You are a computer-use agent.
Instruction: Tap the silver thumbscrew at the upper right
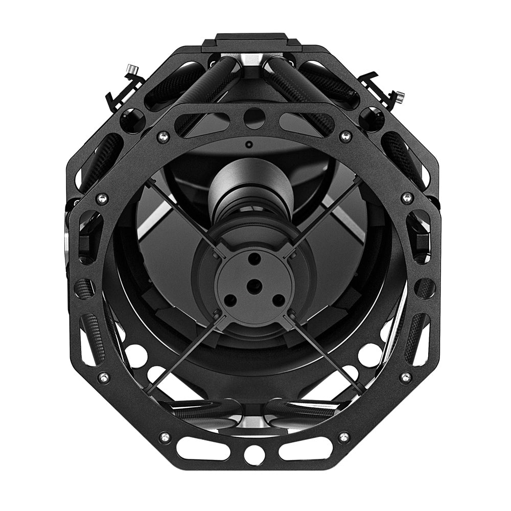(x=400, y=96)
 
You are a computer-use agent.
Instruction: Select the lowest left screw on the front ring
(x=165, y=436)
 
